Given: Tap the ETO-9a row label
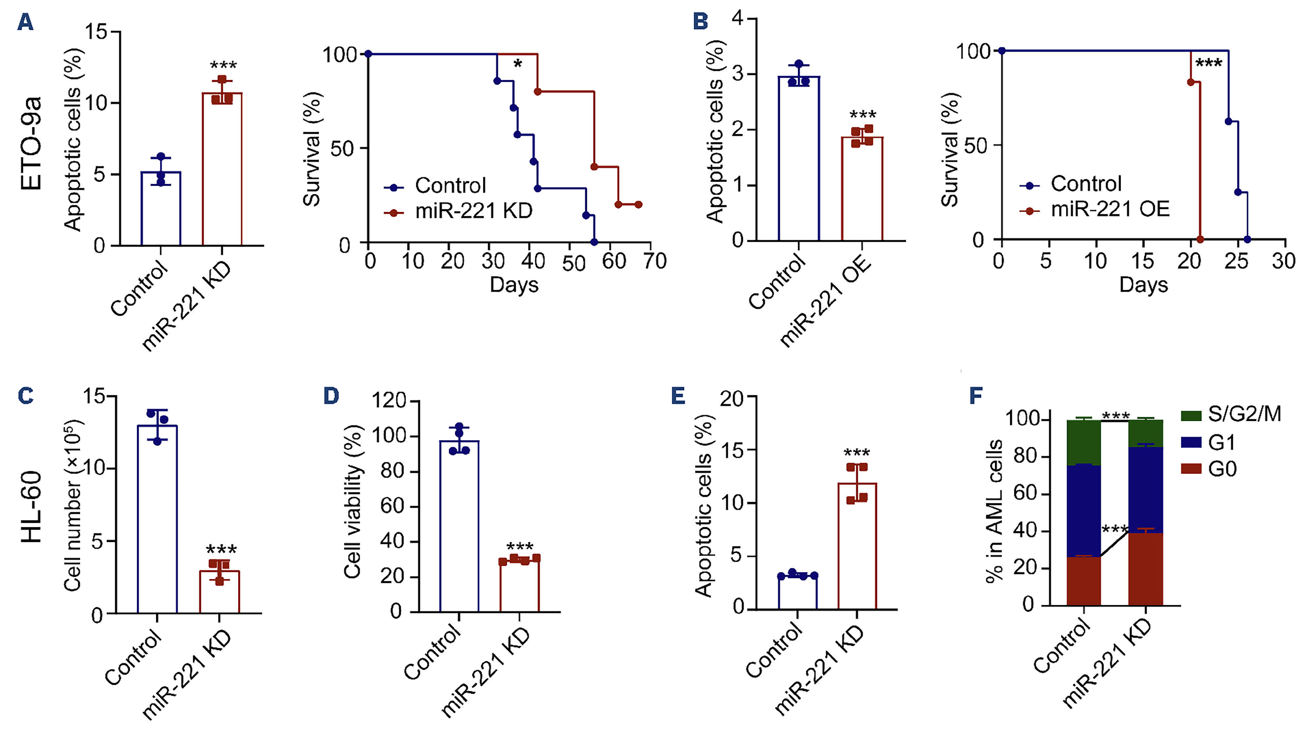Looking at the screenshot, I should pos(31,145).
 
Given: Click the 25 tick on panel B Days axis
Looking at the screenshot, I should pos(1236,262).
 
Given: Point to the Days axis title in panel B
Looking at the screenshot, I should pos(1143,285).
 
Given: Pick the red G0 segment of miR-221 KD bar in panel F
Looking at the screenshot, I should pos(1146,568).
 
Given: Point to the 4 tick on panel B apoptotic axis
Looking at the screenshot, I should pos(738,19).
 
